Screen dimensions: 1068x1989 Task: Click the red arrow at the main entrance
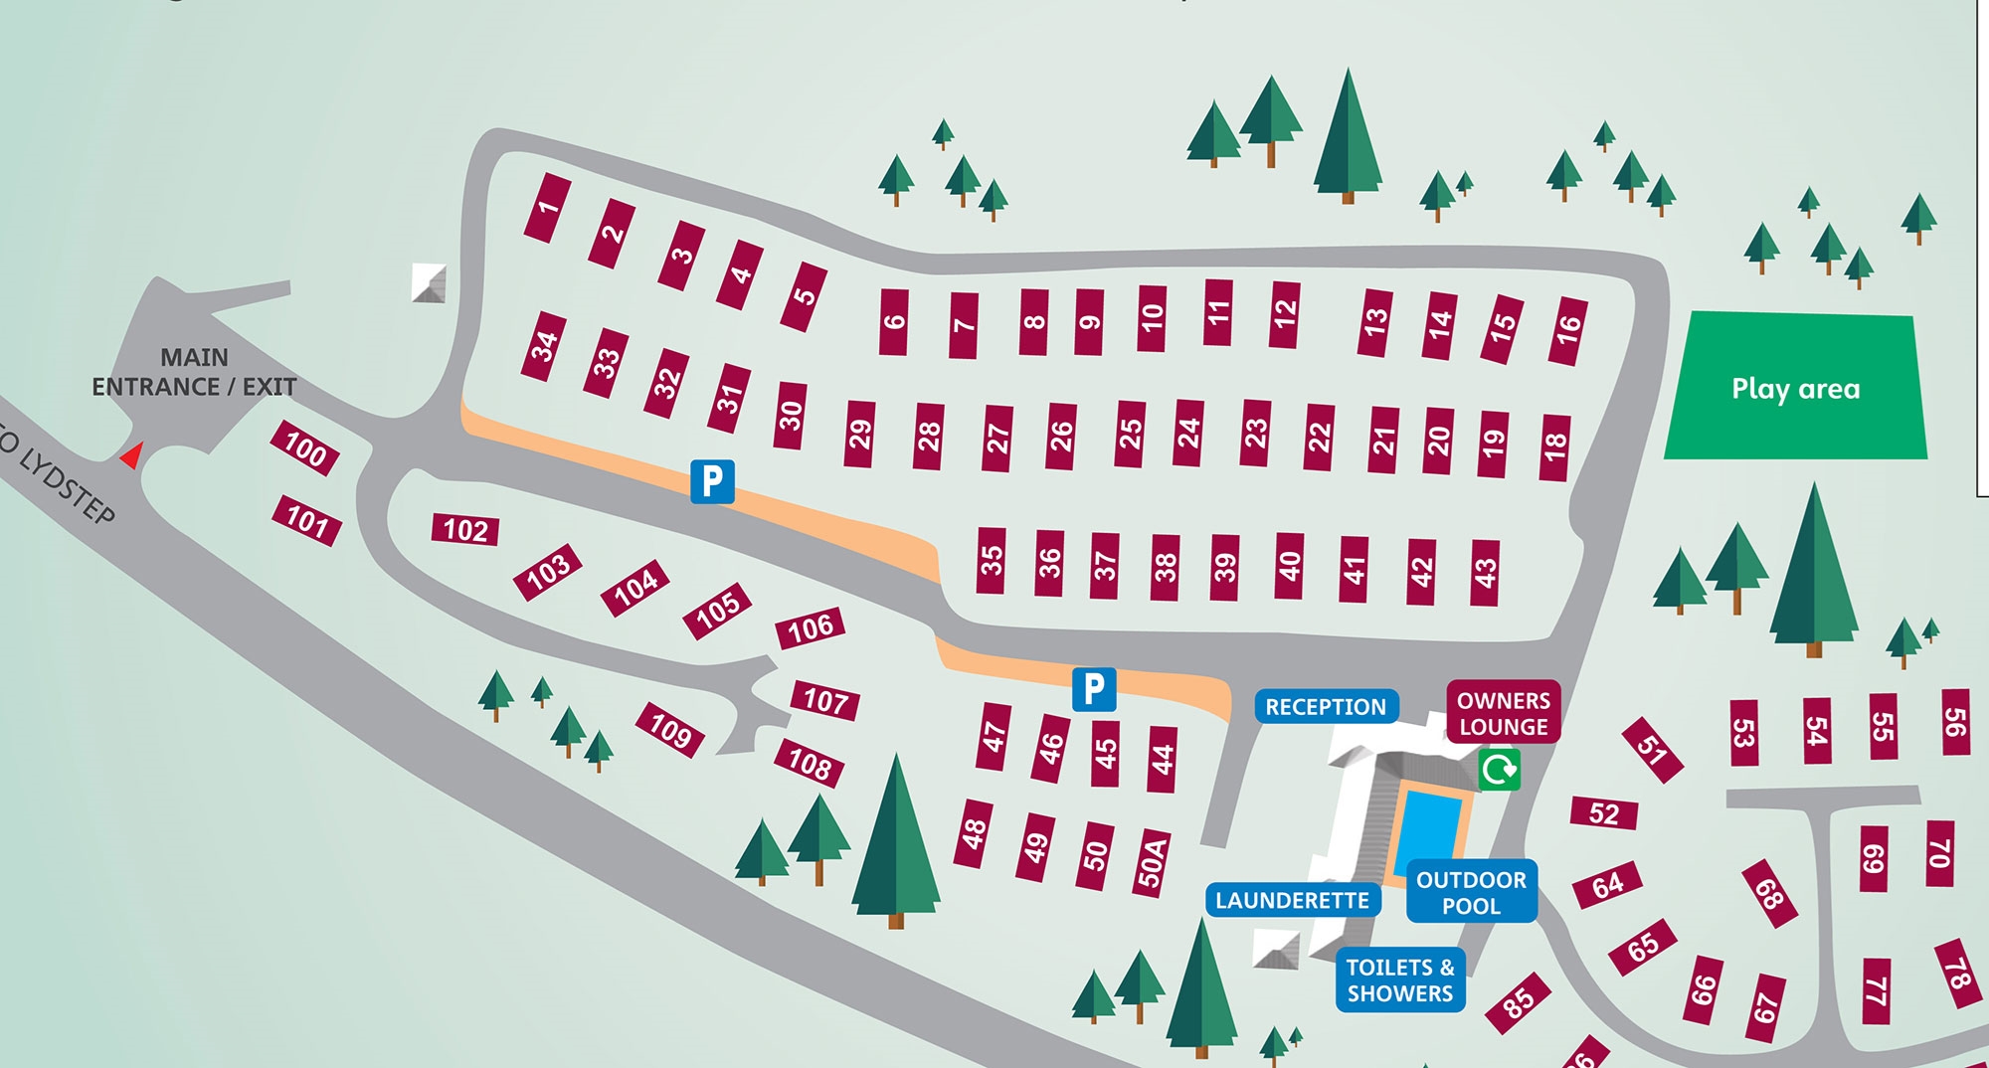tap(131, 455)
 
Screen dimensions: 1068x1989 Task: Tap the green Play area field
tap(1796, 387)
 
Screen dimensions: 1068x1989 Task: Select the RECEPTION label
tap(1326, 707)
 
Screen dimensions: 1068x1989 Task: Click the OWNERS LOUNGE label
tap(1503, 713)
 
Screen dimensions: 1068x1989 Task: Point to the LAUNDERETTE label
tap(1292, 901)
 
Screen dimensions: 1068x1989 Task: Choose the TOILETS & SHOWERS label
tap(1400, 980)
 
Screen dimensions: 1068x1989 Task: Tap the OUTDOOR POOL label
tap(1471, 892)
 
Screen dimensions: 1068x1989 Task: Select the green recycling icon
tap(1499, 770)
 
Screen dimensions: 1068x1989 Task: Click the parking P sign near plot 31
tap(712, 481)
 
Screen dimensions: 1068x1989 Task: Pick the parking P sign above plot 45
tap(1093, 689)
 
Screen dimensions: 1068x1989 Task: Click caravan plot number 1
tap(547, 208)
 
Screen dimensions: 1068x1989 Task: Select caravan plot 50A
tap(1152, 861)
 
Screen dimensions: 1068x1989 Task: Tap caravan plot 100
tap(305, 448)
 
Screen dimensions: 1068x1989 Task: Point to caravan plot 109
tap(670, 731)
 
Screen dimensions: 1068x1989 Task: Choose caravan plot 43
tap(1485, 572)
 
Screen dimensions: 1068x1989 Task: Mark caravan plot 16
tap(1567, 330)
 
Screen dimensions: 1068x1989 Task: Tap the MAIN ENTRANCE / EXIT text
tap(194, 372)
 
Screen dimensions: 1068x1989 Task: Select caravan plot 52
tap(1603, 813)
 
